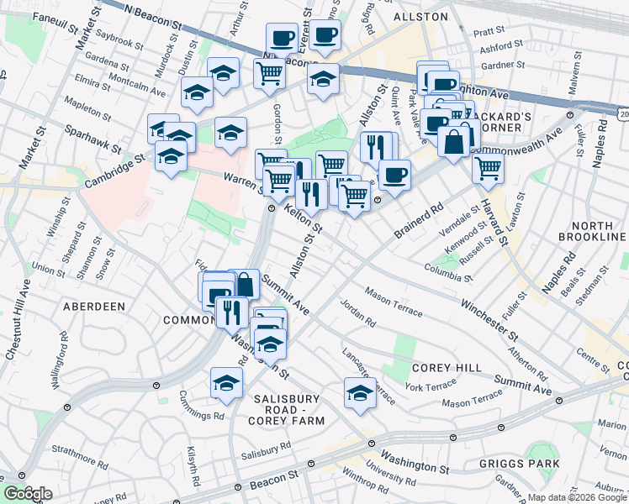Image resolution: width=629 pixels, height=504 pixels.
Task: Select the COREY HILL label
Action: [447, 368]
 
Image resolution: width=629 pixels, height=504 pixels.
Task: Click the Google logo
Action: [28, 494]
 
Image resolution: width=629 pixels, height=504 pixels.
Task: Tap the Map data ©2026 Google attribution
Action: [576, 497]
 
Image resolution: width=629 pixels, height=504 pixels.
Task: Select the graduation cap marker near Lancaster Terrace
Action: [360, 393]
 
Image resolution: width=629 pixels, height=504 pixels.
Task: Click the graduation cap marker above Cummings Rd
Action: [226, 383]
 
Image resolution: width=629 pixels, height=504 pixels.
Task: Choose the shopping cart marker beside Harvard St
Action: [488, 167]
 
